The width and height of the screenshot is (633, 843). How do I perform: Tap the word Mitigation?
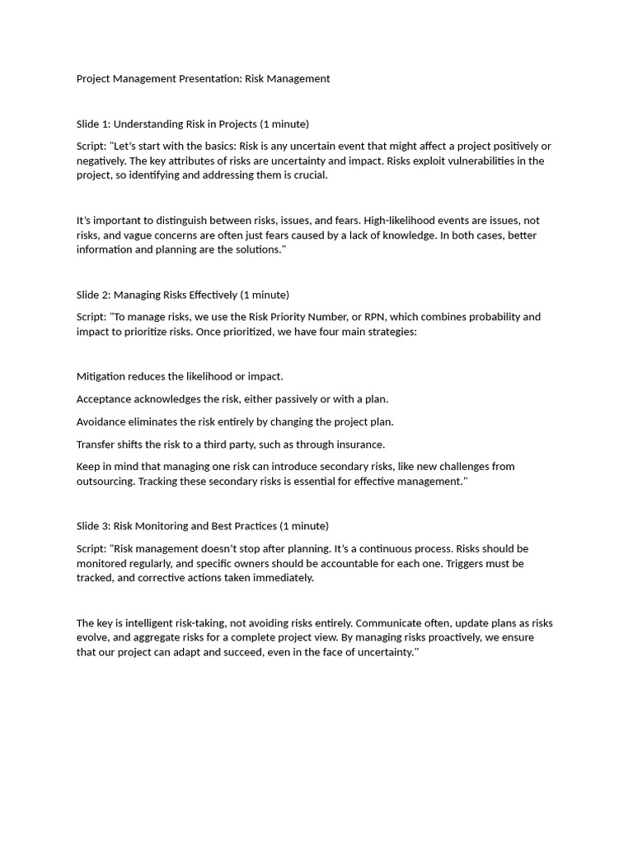pos(101,376)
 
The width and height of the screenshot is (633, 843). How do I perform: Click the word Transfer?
pos(96,445)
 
